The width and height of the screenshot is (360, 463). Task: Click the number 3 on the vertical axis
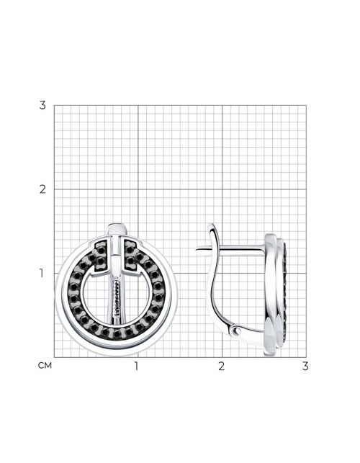coord(42,105)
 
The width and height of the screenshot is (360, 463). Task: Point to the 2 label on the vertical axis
coord(42,189)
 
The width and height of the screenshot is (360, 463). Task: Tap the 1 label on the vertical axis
coord(42,273)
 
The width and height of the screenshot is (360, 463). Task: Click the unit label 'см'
coord(45,366)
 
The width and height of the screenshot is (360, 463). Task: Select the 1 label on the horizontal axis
coord(136,366)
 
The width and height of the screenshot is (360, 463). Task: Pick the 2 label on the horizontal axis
coord(221,366)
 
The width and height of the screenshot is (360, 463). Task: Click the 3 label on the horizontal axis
coord(305,366)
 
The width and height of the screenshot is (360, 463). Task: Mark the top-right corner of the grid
coord(306,105)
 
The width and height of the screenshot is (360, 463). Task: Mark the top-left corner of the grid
coord(54,105)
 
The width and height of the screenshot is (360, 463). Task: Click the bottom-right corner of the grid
coord(306,357)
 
